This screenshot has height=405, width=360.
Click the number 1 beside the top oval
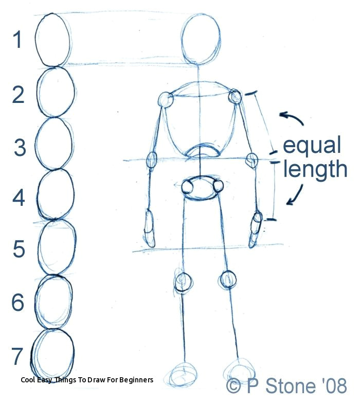[18, 40]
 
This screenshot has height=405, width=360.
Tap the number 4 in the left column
[19, 198]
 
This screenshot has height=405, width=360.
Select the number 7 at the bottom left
[17, 356]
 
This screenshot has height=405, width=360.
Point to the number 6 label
[18, 302]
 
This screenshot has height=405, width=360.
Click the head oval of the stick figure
[201, 39]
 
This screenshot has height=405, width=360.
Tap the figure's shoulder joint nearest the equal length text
[235, 96]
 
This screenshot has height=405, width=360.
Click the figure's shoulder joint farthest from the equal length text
[166, 99]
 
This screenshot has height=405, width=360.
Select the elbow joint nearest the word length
[252, 160]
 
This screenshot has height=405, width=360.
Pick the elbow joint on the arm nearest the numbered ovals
[152, 160]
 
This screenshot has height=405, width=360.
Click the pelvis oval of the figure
[200, 188]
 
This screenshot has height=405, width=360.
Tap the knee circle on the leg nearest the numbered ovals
[184, 282]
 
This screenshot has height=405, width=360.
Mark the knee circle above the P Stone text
[229, 279]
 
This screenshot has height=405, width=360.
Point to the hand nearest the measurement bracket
[255, 230]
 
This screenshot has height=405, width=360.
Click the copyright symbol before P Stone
[234, 386]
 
